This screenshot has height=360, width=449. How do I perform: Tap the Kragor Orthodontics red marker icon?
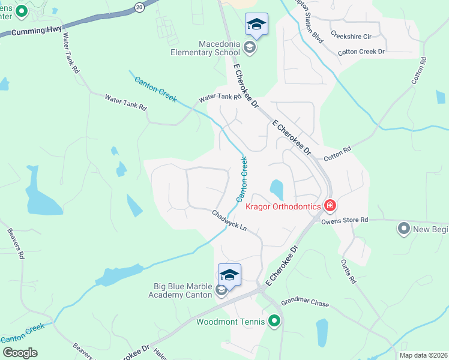330,206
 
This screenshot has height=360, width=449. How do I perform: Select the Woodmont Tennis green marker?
275,322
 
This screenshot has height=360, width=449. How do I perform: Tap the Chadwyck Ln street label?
229,220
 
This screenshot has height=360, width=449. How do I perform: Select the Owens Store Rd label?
344,221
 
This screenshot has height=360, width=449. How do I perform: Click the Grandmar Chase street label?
305,304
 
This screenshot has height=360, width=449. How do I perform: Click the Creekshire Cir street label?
352,35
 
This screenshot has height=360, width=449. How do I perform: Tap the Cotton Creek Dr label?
361,52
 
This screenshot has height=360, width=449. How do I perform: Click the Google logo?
20,353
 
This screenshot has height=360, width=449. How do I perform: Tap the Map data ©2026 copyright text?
423,355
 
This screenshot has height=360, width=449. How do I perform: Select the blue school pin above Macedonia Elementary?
256,24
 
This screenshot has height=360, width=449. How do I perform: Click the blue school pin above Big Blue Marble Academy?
229,274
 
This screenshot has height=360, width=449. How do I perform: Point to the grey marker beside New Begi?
403,228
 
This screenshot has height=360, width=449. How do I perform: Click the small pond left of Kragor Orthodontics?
277,190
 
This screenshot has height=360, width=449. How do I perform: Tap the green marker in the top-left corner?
22,11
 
